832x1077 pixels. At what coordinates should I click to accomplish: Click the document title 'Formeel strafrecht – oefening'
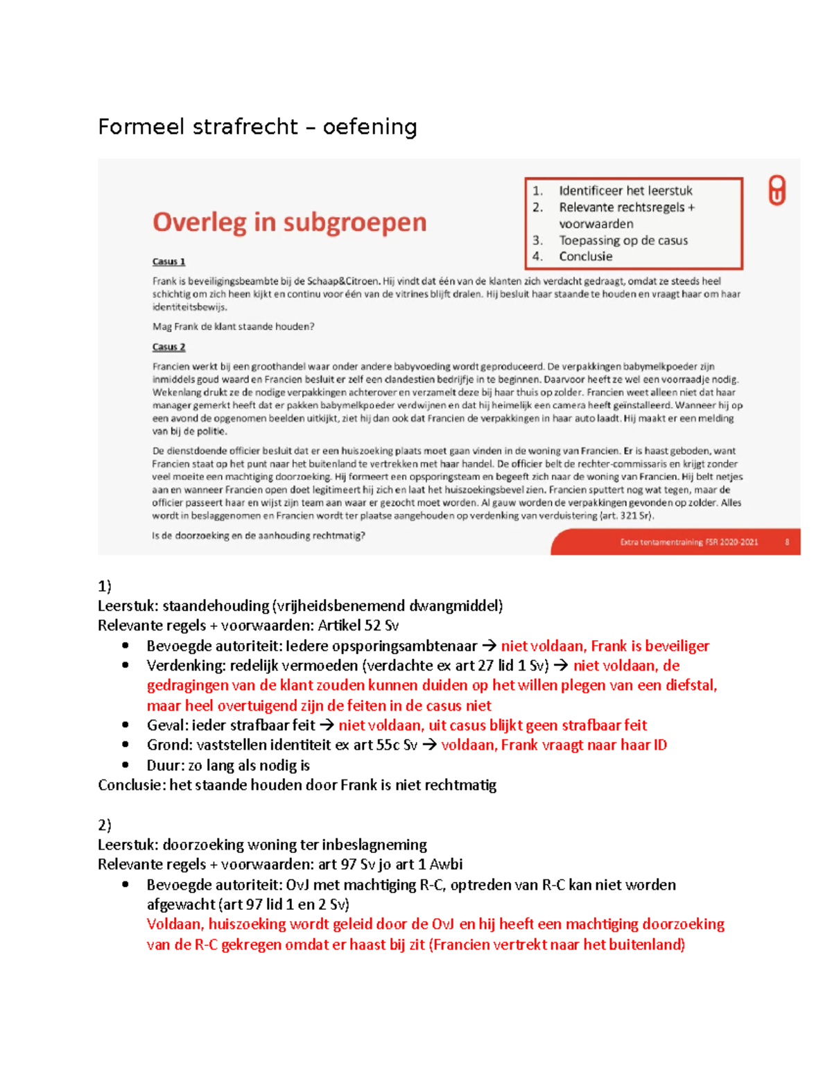(257, 127)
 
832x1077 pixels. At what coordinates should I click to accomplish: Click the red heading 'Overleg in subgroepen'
(289, 222)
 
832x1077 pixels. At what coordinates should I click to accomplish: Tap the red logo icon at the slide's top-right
(777, 190)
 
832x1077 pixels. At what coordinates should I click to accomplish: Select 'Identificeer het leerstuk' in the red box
(625, 191)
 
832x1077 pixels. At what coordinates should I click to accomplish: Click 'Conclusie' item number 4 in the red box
(585, 257)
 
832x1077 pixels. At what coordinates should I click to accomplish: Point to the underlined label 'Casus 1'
(168, 261)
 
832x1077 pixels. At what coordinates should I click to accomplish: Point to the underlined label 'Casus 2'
(168, 347)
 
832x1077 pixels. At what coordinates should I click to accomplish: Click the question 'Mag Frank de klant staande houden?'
(233, 327)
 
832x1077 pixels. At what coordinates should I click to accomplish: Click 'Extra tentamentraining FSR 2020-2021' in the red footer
(688, 542)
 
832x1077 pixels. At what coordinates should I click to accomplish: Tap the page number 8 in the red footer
(787, 542)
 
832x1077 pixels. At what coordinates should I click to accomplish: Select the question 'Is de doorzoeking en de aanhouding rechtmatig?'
(258, 535)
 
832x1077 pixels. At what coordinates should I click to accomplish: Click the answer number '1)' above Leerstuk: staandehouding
(105, 586)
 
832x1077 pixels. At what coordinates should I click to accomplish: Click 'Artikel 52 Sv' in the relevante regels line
(358, 626)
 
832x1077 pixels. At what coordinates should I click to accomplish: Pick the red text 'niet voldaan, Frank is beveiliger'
(605, 646)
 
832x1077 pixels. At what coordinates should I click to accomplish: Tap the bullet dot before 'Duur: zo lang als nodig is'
(125, 765)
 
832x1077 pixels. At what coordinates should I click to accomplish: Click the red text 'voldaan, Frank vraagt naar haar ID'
(553, 746)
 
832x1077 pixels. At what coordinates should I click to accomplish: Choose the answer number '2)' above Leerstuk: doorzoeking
(105, 825)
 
